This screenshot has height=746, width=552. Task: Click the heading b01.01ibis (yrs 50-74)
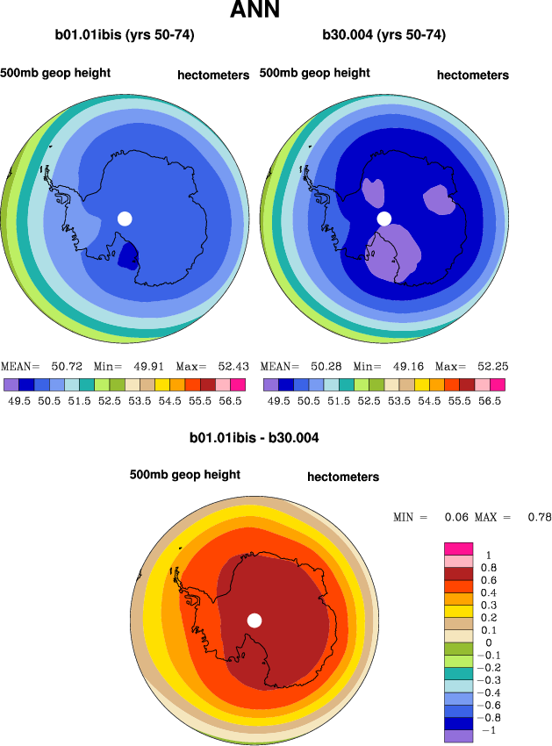coord(125,36)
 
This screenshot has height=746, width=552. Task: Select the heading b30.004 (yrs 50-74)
coord(384,36)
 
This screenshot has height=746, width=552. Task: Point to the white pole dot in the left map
coord(125,219)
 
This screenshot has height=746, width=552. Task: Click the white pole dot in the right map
coord(384,219)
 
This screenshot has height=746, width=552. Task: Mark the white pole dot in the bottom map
coord(254,620)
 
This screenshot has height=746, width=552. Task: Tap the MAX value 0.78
coord(539,518)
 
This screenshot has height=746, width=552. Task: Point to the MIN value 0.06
coord(455,518)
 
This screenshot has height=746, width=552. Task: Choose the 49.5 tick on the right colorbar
coord(278,400)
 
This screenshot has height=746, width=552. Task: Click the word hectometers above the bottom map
coord(343,477)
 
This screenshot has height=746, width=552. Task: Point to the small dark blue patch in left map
coord(128,255)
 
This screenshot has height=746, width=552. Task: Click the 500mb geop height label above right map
coord(314,73)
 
